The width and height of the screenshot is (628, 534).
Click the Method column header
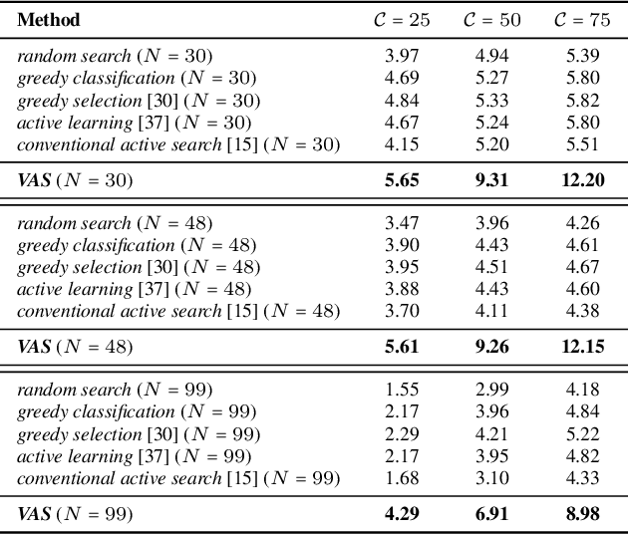point(49,20)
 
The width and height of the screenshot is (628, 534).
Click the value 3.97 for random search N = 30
point(402,56)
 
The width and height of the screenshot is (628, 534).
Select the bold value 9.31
point(490,180)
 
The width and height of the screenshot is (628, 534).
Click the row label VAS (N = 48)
point(75,347)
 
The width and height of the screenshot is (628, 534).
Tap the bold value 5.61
point(402,347)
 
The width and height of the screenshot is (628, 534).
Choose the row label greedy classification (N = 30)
point(137,78)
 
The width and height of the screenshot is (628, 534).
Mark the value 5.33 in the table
point(490,101)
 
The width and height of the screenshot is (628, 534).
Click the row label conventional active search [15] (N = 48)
point(179,311)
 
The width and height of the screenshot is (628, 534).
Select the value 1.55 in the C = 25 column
point(402,390)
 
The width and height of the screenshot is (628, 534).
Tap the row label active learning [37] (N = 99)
point(135,456)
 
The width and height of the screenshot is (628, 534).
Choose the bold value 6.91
point(490,514)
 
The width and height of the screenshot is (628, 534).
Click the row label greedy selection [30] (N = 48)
point(139,267)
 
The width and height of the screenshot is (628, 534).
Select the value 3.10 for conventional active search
point(490,478)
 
